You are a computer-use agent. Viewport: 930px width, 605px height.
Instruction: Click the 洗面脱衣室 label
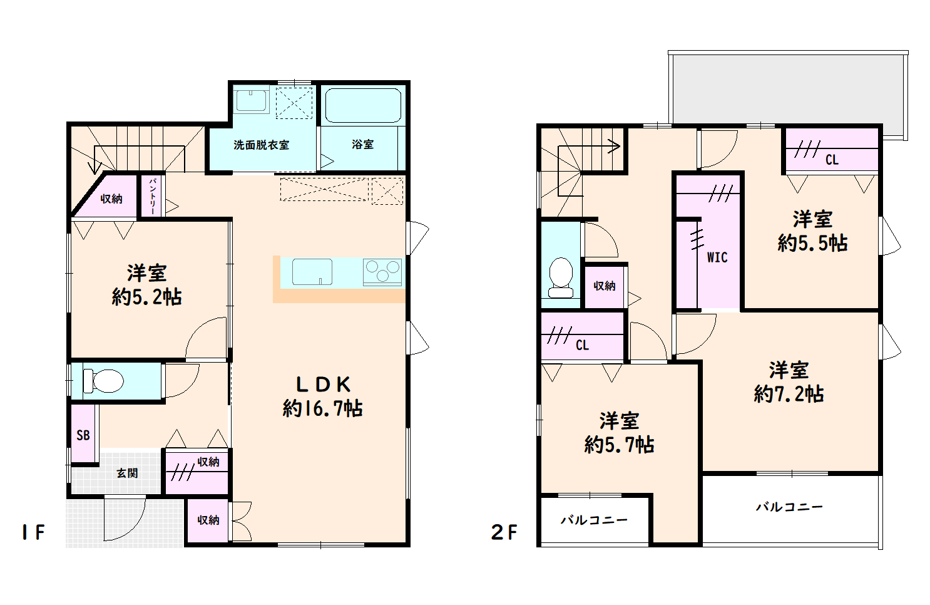click(261, 145)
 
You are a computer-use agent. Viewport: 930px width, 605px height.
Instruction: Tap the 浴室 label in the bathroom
click(362, 144)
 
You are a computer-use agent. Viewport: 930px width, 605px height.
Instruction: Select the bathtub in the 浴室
click(363, 105)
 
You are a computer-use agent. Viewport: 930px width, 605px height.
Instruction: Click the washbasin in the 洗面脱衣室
click(251, 100)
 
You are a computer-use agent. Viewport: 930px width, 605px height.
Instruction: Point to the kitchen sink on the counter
click(312, 272)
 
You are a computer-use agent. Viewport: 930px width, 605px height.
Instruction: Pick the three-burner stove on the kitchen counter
click(382, 272)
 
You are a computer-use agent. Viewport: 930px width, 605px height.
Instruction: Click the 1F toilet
click(103, 381)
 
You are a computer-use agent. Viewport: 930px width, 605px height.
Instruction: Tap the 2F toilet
click(561, 277)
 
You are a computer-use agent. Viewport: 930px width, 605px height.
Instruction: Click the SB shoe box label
click(83, 435)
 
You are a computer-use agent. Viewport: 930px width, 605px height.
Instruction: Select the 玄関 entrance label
click(127, 473)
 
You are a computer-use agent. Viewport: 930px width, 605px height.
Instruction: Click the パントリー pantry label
click(153, 195)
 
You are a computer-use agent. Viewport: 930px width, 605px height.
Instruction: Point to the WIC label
click(717, 257)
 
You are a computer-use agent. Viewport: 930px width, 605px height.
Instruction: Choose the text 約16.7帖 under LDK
click(322, 408)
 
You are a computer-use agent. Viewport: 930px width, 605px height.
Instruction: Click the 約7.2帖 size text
click(789, 393)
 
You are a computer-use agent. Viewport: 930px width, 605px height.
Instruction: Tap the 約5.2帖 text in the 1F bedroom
click(146, 297)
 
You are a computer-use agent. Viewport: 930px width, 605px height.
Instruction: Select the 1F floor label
click(33, 532)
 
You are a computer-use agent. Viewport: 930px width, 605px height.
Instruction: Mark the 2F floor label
click(504, 532)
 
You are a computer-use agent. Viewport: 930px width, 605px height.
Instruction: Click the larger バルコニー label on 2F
click(789, 507)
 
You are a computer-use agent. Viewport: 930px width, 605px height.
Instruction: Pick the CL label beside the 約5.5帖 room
click(832, 160)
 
